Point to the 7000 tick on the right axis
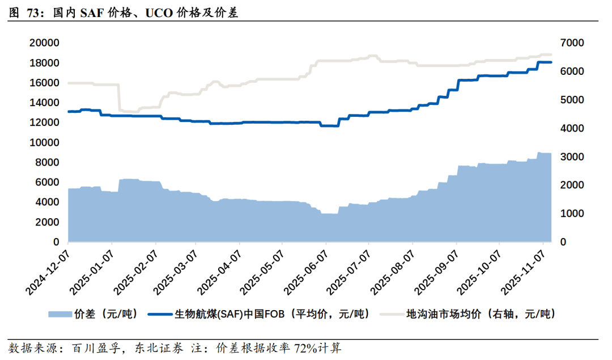pos(573,43)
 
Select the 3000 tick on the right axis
pos(573,157)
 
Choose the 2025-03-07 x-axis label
pos(176,269)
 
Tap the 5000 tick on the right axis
pos(573,100)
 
